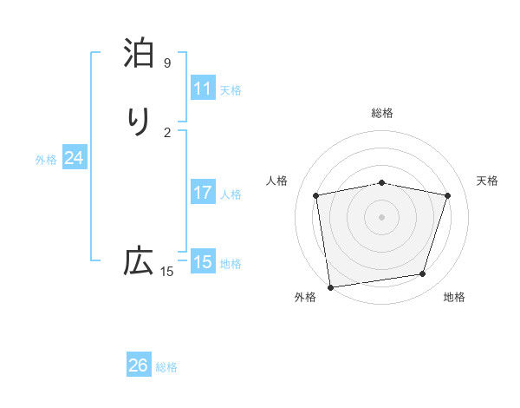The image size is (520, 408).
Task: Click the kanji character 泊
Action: (x=139, y=53)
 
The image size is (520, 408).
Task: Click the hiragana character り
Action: (x=139, y=121)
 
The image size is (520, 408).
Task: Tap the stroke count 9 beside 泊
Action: (x=167, y=63)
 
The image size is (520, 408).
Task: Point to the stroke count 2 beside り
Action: (x=167, y=132)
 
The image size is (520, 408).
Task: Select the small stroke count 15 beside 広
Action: (x=167, y=272)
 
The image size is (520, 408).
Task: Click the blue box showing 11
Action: (x=203, y=89)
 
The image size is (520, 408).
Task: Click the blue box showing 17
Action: (x=203, y=193)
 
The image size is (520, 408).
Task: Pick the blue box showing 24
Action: (x=75, y=158)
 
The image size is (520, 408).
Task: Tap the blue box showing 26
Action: (x=139, y=365)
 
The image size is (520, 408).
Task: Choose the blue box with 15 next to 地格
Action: (x=203, y=262)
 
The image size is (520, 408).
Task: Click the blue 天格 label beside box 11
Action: (x=231, y=89)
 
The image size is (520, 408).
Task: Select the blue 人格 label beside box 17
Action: (x=231, y=194)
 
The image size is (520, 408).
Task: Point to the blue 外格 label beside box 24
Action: (x=46, y=159)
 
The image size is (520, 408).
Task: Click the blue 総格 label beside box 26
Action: (x=166, y=366)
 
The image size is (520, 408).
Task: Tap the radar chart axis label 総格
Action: (x=382, y=113)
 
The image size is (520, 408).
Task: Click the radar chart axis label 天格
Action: (x=487, y=181)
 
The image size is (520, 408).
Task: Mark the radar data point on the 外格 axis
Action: (x=330, y=286)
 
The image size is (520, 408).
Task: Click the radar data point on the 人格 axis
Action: (x=317, y=195)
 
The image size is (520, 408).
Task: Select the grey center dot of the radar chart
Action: (x=382, y=216)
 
